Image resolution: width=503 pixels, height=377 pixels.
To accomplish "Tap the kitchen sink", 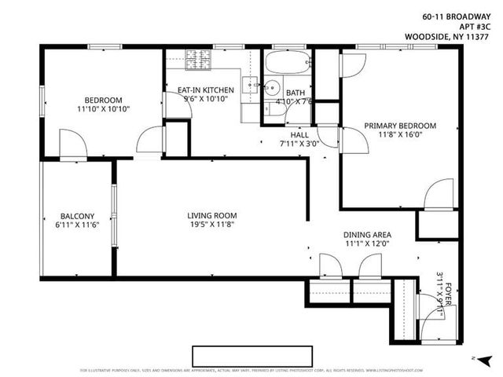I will (250, 84).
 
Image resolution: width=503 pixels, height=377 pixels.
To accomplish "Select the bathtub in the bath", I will (287, 62).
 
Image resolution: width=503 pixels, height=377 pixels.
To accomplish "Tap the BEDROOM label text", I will (104, 100).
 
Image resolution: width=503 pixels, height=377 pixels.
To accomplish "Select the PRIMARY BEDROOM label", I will (399, 126).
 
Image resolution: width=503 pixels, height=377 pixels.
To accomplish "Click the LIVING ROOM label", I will (211, 215).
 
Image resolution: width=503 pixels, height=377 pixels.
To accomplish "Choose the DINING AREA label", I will (367, 235).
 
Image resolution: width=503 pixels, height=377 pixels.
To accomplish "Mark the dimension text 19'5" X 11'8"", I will (211, 225).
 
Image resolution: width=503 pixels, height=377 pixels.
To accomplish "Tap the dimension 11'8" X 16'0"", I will (399, 135).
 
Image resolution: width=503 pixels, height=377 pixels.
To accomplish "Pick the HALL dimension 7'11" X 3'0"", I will (299, 144).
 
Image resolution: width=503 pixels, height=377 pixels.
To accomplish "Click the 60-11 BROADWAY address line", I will (451, 14).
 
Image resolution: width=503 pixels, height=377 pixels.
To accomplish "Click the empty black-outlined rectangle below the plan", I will (252, 355).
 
